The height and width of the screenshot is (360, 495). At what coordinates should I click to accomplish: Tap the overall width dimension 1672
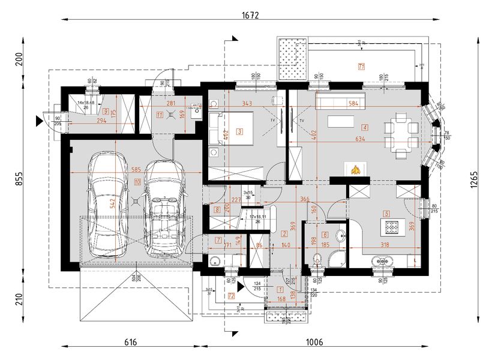coord(250,16)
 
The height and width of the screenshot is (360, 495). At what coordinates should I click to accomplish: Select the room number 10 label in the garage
coord(137,181)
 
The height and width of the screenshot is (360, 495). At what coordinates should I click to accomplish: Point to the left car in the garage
coord(108,204)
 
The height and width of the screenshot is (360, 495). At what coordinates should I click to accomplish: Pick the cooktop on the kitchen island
coord(392,227)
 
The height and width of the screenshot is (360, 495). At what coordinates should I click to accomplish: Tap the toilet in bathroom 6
coord(317,259)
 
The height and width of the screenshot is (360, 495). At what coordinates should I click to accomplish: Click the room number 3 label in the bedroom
coord(239,131)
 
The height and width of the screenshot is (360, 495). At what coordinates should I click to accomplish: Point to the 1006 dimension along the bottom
coord(314,342)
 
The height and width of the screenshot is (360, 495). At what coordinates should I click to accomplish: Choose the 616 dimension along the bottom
coord(131,342)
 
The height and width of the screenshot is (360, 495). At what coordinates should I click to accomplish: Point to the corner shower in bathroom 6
coord(337,259)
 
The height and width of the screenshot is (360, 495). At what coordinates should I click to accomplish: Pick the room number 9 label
coord(105,112)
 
